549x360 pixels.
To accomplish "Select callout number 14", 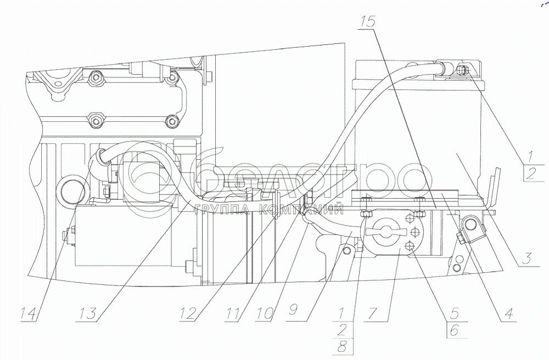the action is [x=29, y=314].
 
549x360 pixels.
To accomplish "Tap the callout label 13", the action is [x=87, y=314].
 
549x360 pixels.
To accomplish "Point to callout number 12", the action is [x=188, y=314].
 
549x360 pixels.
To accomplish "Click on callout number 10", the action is [x=265, y=314].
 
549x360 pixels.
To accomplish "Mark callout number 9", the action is [x=293, y=311].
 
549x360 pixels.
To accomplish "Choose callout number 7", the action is [x=372, y=313].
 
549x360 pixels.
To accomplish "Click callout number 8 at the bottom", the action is [x=342, y=346].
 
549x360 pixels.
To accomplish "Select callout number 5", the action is [x=455, y=313].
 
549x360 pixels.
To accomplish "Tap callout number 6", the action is [x=455, y=330].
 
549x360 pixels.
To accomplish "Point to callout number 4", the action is [x=508, y=313].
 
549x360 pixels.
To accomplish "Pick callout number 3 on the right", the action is [x=526, y=258].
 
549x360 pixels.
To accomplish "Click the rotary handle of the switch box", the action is [x=386, y=231].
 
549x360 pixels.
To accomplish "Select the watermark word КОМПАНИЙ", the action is [x=301, y=210].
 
